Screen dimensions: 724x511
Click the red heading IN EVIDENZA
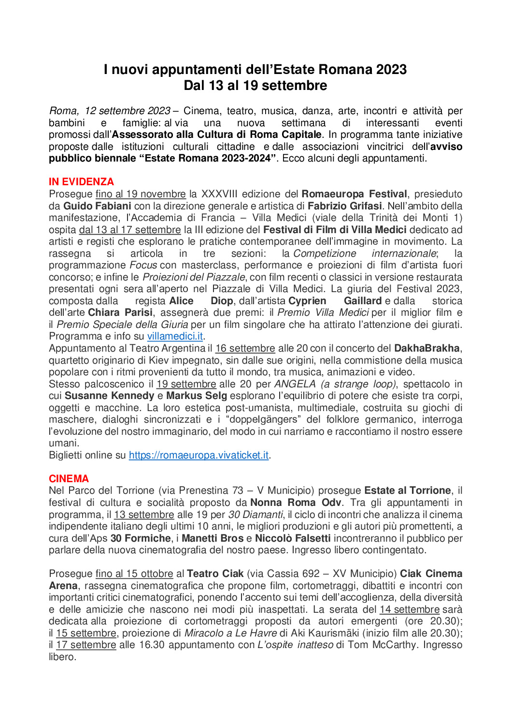pos(81,182)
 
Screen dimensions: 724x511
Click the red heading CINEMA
pos(69,479)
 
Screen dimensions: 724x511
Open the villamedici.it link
pos(175,336)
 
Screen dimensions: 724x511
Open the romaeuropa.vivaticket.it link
pos(199,455)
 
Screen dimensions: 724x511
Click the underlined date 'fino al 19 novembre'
pos(141,194)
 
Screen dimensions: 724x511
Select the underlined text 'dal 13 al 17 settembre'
pos(130,230)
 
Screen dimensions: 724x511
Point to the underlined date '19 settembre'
pos(186,384)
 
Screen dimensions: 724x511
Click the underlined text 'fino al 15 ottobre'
pos(134,574)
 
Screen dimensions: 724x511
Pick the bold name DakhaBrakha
pos(426,348)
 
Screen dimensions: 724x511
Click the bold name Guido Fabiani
pos(97,206)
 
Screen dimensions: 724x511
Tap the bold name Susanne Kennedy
pos(109,396)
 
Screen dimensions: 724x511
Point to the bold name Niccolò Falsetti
pos(293,538)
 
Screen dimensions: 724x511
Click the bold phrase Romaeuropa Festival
pos(354,194)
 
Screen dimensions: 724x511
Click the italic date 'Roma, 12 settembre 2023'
pos(110,111)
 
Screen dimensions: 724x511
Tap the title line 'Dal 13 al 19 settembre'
pos(255,86)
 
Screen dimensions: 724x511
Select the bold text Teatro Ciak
pos(215,574)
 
